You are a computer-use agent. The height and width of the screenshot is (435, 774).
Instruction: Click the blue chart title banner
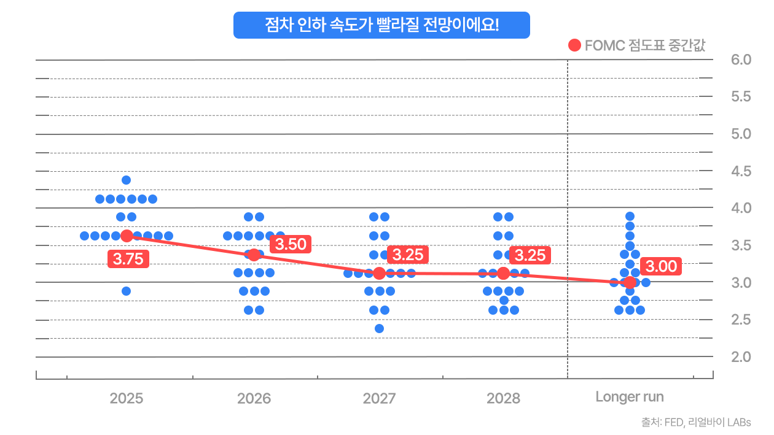click(381, 25)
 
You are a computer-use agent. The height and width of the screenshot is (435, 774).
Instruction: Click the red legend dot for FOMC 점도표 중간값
click(575, 45)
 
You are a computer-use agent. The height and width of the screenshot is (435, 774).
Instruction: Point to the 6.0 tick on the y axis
click(741, 60)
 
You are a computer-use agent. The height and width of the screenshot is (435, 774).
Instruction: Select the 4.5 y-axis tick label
click(741, 171)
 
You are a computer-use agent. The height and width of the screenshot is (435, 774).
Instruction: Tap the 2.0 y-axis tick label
click(741, 356)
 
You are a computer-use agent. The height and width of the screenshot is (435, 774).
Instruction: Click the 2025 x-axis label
click(127, 398)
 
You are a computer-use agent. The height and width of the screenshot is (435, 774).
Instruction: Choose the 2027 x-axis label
click(379, 398)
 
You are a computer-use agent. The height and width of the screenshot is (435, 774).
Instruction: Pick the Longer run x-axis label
click(630, 397)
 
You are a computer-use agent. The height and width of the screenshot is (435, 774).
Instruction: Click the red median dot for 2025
click(127, 236)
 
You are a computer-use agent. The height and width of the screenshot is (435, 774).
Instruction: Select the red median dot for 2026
click(254, 255)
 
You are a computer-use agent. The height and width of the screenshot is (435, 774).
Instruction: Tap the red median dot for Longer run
click(630, 282)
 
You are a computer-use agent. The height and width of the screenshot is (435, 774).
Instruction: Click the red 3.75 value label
click(128, 259)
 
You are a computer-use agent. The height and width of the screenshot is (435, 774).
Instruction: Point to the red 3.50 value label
click(291, 244)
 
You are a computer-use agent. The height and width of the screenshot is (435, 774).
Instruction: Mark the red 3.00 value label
click(662, 267)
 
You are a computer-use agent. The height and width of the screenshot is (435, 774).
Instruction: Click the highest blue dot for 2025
click(126, 180)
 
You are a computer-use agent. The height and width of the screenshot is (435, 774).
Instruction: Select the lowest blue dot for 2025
click(126, 291)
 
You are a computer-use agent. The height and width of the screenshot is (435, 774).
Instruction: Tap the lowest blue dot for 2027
click(379, 328)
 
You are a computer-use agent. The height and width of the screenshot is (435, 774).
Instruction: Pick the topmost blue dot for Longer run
click(630, 216)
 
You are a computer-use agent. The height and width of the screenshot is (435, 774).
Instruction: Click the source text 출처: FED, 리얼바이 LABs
click(695, 422)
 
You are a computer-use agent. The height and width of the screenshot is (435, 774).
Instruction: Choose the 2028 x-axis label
click(503, 398)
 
